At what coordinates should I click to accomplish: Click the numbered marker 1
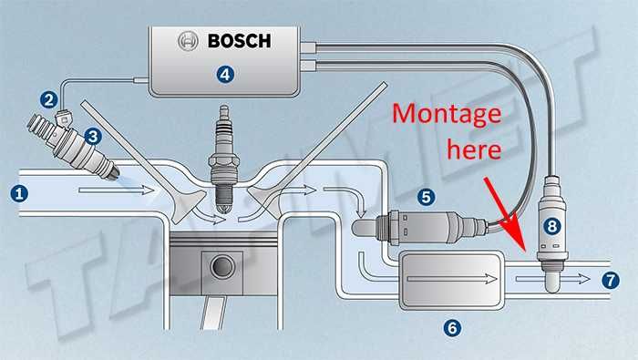coord(19,193)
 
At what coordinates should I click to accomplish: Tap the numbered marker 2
coord(49,99)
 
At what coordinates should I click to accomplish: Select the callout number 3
coord(93,137)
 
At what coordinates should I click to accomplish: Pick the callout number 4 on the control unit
coord(225,75)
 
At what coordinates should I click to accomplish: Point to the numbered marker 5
coord(426,197)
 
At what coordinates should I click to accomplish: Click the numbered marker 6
coord(452,327)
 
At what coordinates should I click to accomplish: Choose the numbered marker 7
coord(611,281)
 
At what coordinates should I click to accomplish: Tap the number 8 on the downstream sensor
coord(552,226)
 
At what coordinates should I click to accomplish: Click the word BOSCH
coord(239,41)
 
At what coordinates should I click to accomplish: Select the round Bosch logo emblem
coord(188,41)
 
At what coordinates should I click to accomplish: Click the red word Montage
coord(447,115)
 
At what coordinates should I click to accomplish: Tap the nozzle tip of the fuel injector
coord(114,173)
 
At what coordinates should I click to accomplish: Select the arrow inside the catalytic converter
coord(452,279)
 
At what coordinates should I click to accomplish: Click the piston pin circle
coord(222,266)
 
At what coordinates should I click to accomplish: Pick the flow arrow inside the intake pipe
coord(117,190)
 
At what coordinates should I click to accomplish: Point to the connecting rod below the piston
coord(212,313)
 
